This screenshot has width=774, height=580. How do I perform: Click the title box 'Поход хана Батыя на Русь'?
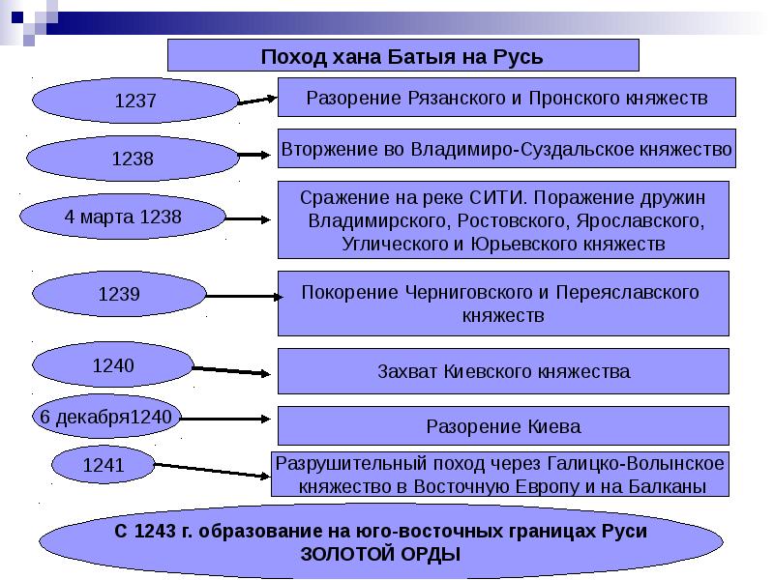pos(402,55)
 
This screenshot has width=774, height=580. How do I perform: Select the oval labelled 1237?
pos(135,101)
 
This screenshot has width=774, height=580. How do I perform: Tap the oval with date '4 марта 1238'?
pos(123,217)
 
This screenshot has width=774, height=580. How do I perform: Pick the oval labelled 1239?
pos(119,294)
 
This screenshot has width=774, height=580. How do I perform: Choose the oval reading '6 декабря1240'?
pos(105,417)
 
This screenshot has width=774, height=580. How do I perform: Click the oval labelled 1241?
pos(104,465)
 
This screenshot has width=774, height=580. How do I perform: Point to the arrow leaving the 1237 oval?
pos(257,101)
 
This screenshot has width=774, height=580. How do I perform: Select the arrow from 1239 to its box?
pos(245,297)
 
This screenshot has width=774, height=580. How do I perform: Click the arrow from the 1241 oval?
pos(212,471)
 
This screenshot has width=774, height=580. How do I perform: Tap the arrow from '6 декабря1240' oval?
pos(225,419)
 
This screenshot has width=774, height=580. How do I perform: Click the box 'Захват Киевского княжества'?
pos(503,371)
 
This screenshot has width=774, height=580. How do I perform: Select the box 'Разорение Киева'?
pos(503,426)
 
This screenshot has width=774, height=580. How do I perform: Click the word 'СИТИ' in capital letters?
pos(495,198)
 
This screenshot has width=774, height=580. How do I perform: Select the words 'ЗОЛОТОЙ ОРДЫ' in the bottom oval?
pos(380,554)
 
